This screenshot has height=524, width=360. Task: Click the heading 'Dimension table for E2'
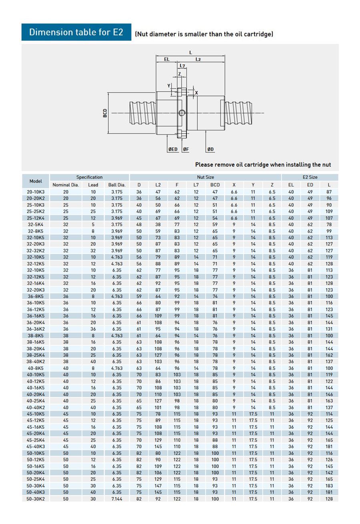76,32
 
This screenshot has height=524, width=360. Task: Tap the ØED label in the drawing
173,149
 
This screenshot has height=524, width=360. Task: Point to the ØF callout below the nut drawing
186,149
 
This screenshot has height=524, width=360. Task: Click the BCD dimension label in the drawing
105,113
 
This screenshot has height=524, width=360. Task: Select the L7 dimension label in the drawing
182,66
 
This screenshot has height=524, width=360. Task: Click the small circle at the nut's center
182,113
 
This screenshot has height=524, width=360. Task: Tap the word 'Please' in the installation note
204,164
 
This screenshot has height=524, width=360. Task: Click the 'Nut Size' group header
205,177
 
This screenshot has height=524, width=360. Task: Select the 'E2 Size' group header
310,177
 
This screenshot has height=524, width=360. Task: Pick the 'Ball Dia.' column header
117,185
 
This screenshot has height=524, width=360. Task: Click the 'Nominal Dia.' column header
66,185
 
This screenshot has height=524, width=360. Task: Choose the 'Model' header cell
36,181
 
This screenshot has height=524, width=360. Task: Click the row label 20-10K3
36,192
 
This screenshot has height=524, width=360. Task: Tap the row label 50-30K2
36,499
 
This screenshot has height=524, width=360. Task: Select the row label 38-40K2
36,362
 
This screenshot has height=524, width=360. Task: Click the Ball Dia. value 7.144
117,499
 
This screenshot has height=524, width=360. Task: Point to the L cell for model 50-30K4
329,486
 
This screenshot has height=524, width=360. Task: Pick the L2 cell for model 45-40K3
158,446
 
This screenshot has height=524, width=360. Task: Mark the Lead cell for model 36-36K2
93,329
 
